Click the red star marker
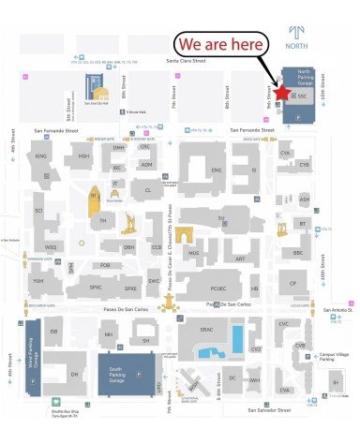coord(282,94)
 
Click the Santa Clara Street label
coord(185,61)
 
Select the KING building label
coord(41,155)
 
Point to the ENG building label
coord(216,170)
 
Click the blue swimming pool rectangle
coord(237,338)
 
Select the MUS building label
coord(194,253)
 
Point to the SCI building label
coord(39,211)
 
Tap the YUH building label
coord(39,280)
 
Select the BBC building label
coord(298,253)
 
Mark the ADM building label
coord(146,165)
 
